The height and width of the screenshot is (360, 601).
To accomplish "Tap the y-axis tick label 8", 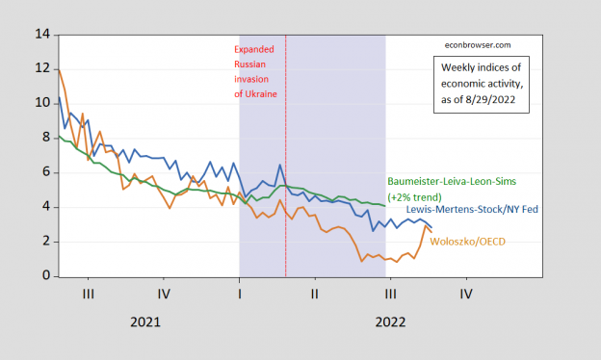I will click(44, 139).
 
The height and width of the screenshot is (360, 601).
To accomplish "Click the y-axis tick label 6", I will click(44, 173).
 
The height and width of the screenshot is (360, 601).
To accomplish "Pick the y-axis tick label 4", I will click(44, 208).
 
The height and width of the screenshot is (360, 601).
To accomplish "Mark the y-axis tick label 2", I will click(44, 243).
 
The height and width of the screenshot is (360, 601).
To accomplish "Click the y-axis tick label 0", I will click(44, 277).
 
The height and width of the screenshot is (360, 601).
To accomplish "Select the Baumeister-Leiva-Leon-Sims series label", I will click(445, 181).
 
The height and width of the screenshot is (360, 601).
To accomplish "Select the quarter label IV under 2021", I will click(164, 292).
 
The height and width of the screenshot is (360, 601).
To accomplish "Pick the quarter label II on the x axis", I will click(314, 292).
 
